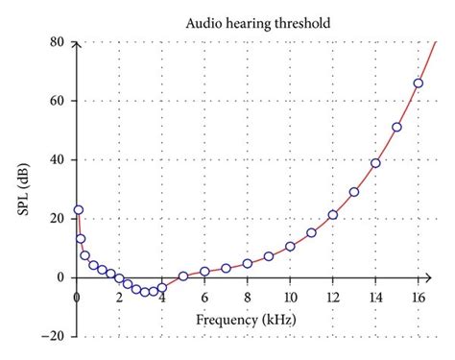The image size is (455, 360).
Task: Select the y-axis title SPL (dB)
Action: click(x=20, y=189)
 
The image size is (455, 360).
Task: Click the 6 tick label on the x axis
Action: click(x=204, y=297)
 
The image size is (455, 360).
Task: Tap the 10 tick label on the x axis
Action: click(x=290, y=297)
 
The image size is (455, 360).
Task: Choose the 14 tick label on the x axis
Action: click(x=375, y=297)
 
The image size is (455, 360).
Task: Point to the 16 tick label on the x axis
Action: click(x=418, y=297)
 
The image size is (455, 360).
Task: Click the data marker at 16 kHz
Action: click(x=418, y=84)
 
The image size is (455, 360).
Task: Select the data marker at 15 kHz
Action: click(x=396, y=127)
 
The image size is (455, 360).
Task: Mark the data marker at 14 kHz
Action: click(x=375, y=163)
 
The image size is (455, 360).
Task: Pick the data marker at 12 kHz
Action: click(x=332, y=215)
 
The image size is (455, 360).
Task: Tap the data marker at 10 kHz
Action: click(x=290, y=247)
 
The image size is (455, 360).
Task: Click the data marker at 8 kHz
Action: click(x=248, y=263)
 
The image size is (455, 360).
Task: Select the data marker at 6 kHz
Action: click(x=204, y=272)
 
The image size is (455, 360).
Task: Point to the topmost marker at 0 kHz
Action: click(x=79, y=209)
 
